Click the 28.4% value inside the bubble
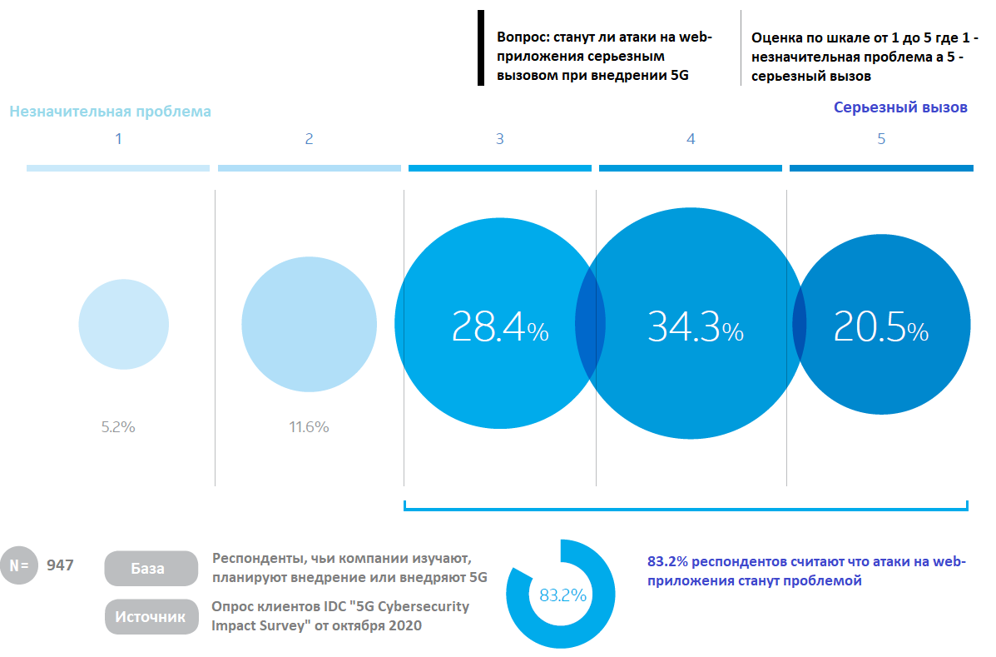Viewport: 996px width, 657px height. (500, 327)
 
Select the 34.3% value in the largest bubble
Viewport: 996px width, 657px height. (696, 327)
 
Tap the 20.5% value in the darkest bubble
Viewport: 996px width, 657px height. (881, 327)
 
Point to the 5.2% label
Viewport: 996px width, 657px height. (118, 427)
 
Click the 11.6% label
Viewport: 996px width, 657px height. (309, 427)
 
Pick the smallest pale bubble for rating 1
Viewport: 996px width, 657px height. (124, 324)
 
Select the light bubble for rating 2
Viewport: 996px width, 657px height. (310, 324)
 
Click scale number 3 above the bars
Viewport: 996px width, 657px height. (500, 139)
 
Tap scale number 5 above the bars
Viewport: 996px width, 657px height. (881, 139)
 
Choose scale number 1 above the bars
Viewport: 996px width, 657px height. (118, 139)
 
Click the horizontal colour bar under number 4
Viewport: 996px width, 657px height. (691, 168)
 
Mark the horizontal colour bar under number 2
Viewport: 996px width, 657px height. (310, 168)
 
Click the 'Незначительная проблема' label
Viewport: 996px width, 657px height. (110, 112)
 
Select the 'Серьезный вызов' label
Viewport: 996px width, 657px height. (900, 107)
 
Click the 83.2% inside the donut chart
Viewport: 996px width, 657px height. (562, 595)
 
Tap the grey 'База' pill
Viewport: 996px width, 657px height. (151, 568)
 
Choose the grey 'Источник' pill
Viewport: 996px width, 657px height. (151, 616)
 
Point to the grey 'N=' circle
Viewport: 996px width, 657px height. (19, 565)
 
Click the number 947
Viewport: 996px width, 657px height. (60, 565)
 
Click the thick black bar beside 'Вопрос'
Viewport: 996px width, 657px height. (481, 47)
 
